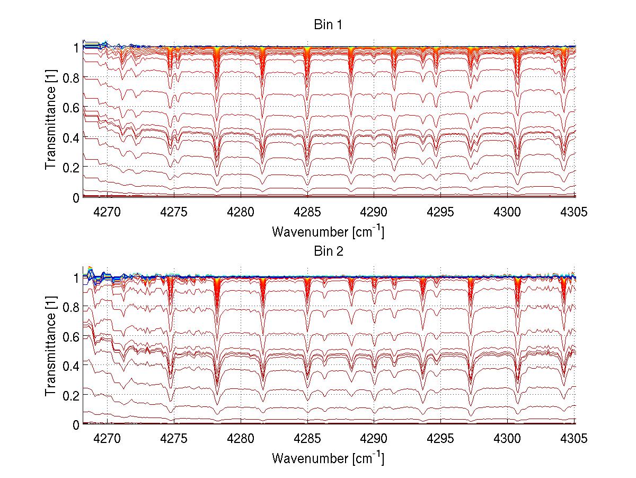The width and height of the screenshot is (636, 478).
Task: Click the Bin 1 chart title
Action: coord(328,25)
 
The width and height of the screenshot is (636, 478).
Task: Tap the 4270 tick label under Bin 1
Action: coord(108,212)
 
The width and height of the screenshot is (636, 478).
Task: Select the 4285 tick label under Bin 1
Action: coord(307,212)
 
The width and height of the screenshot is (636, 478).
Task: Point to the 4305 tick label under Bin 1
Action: coord(575,212)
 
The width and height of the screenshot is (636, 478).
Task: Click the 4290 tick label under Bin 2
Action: coord(374,440)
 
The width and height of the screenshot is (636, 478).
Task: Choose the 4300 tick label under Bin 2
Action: coord(508,440)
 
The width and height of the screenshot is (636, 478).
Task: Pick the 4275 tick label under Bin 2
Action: coord(174,440)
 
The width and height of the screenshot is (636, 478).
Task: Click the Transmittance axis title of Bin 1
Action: coord(51,121)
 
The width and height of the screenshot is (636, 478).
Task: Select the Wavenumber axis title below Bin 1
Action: coord(328,231)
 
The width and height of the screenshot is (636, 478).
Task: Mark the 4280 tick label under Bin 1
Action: coord(241,212)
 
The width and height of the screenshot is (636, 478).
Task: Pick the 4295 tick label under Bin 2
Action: coord(441,440)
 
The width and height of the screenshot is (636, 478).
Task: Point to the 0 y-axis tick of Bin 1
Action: coord(76,197)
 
